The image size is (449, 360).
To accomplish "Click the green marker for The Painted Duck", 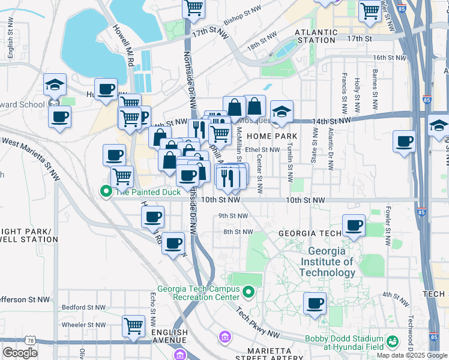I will click(x=106, y=192).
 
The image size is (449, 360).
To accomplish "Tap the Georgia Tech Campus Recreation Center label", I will click(x=198, y=293).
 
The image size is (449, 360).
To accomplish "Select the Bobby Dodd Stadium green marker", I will click(x=393, y=342).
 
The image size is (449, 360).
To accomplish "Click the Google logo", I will click(x=20, y=353).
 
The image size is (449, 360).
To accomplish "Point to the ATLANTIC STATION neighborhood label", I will click(x=315, y=36).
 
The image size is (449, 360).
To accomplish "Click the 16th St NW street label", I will click(x=388, y=58).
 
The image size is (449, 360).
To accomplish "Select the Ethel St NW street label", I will click(x=262, y=150).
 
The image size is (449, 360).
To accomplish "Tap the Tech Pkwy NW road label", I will click(x=258, y=322).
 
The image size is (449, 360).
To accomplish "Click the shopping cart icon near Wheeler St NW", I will click(x=134, y=326).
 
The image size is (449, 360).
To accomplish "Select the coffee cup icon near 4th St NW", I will click(x=315, y=303).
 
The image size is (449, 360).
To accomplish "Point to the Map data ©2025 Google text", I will click(x=412, y=355).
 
